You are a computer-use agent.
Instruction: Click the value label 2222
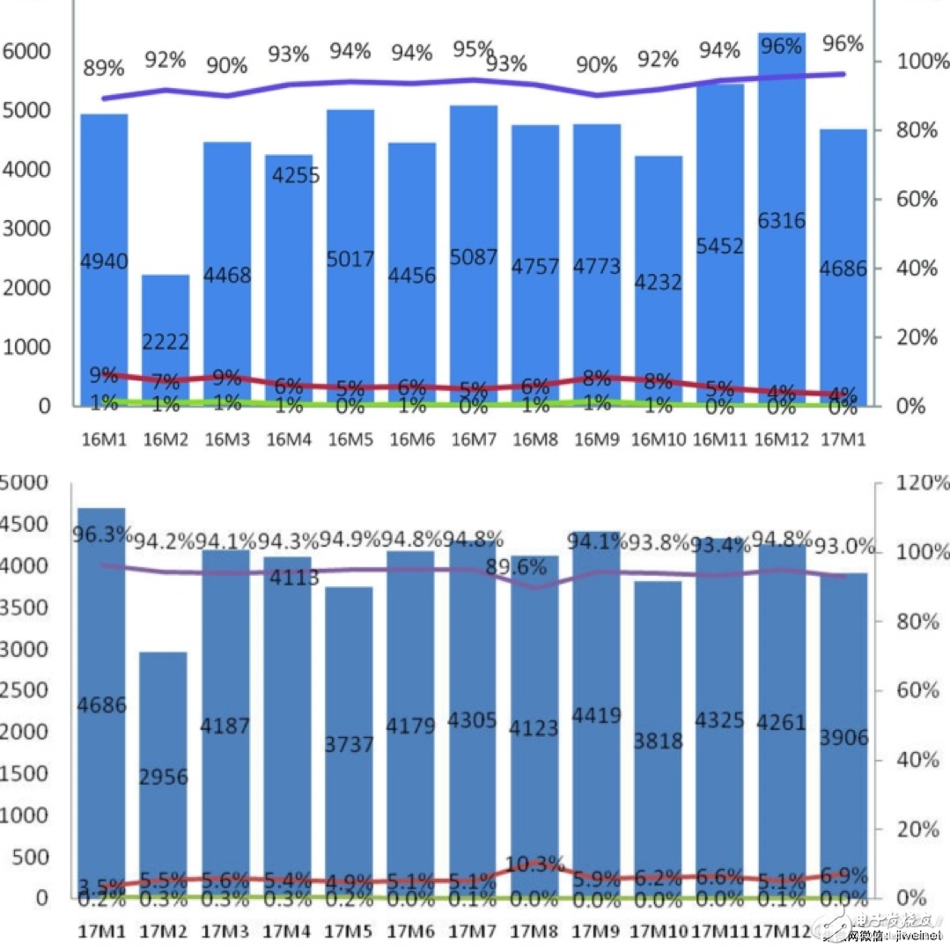[166, 342]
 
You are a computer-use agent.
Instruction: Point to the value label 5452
[720, 247]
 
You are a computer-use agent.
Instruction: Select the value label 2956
[163, 777]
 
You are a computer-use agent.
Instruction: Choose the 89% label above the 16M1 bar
[104, 67]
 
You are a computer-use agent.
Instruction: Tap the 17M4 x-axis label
[288, 931]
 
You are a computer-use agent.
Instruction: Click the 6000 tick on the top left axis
[27, 51]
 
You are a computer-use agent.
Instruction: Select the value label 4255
[296, 175]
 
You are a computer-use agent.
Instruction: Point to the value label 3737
[350, 744]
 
